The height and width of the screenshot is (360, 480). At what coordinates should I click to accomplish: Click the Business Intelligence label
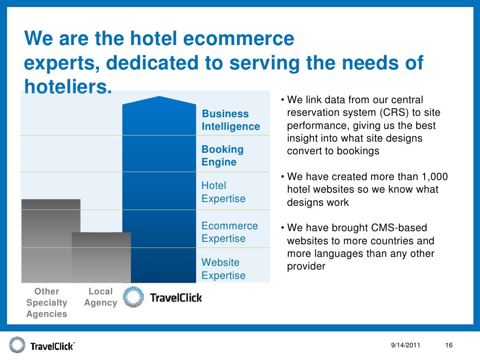230,120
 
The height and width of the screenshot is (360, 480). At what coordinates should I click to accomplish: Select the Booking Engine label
223,156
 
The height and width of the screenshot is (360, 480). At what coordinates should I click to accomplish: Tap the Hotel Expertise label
223,192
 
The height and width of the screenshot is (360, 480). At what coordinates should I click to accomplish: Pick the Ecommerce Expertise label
229,232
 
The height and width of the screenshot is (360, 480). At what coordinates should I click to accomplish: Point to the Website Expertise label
223,269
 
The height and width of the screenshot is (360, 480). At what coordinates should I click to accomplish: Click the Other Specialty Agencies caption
47,303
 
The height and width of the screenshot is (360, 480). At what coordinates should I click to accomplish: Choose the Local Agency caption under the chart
100,297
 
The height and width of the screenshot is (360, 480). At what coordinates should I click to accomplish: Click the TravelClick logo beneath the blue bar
162,297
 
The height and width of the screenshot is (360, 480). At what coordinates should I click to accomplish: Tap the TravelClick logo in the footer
41,346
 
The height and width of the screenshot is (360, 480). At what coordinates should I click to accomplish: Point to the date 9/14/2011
405,345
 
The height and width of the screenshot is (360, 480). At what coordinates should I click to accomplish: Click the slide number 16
449,345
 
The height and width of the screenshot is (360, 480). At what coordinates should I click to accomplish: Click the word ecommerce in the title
239,38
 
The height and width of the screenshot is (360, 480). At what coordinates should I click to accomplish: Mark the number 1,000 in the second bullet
433,177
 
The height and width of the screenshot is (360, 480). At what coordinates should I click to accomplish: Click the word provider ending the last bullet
306,266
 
